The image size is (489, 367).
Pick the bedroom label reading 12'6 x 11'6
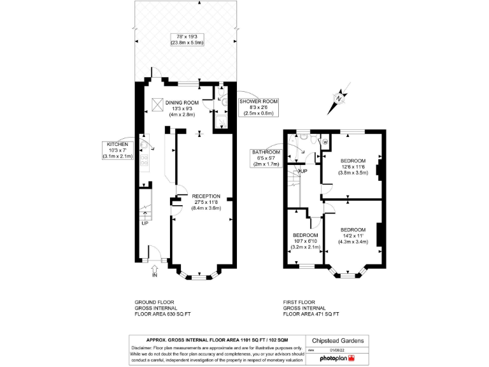353,166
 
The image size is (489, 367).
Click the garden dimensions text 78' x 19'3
183,39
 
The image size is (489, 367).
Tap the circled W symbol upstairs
325,141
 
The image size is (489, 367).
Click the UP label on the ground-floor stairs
145,223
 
